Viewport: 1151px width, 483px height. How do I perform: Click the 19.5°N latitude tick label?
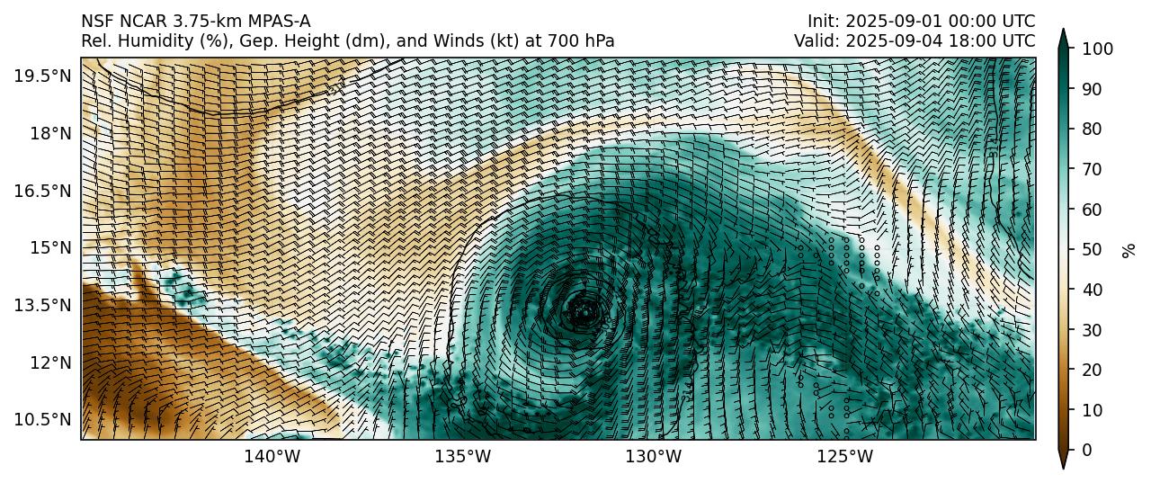[x=42, y=76]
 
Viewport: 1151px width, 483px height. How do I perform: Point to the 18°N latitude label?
[x=48, y=133]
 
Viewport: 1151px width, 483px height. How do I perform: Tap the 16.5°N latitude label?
[x=42, y=191]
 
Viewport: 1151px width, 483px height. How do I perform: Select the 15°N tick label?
[x=48, y=247]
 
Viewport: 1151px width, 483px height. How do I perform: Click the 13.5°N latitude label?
[x=42, y=305]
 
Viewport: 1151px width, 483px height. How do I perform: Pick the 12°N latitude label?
[x=48, y=362]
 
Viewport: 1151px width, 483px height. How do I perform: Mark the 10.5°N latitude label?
[x=42, y=419]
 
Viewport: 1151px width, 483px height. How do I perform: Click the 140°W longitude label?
[x=272, y=457]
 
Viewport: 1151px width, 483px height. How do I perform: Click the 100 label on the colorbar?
[x=1095, y=49]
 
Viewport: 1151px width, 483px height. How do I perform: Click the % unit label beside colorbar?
[x=1129, y=249]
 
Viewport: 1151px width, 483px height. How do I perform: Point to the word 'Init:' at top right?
[x=824, y=21]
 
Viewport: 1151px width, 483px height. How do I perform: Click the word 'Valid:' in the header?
[x=816, y=40]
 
